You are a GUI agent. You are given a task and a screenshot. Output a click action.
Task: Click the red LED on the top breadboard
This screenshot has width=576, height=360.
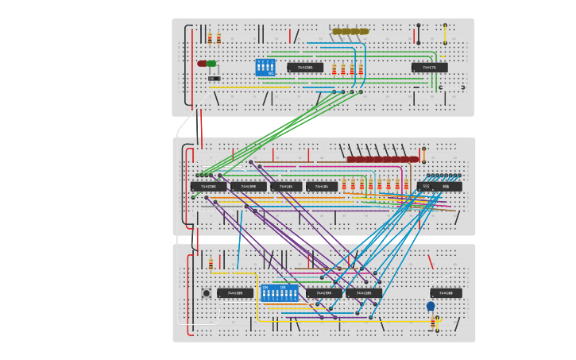[x=202, y=64]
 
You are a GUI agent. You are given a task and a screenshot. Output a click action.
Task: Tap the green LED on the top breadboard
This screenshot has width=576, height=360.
[x=211, y=64]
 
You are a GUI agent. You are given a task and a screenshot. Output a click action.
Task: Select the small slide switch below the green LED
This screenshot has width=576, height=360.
[x=214, y=78]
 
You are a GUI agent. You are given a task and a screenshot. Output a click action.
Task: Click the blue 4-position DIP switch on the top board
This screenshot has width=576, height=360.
[x=265, y=68]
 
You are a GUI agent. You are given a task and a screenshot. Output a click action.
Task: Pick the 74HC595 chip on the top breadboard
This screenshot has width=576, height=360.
[x=305, y=68]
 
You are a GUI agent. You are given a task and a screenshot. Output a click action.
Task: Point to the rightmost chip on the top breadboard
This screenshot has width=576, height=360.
[x=429, y=68]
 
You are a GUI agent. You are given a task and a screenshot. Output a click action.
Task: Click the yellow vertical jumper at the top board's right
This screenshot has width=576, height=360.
[x=445, y=33]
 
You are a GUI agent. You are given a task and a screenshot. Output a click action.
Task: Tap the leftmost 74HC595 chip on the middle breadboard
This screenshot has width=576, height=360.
[x=208, y=187]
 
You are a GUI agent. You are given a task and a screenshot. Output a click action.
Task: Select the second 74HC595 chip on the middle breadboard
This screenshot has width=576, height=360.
[x=249, y=187]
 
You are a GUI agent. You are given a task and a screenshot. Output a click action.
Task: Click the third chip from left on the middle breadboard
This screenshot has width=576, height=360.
[x=286, y=187]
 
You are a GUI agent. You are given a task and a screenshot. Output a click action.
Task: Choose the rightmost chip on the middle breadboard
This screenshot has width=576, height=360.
[x=439, y=187]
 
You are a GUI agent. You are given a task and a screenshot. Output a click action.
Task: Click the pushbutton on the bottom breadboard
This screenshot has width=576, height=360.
[x=207, y=293]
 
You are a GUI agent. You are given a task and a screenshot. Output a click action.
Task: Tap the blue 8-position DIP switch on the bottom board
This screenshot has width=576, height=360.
[x=280, y=292]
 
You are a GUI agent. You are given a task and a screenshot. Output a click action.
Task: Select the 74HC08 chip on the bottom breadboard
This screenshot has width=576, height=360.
[x=446, y=293]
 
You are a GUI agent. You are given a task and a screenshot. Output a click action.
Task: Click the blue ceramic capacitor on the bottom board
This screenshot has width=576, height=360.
[x=431, y=306]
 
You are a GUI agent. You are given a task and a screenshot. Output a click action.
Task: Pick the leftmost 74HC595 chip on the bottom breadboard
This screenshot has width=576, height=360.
[x=235, y=293]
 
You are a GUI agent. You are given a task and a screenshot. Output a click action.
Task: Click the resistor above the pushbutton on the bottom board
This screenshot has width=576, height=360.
[x=211, y=264]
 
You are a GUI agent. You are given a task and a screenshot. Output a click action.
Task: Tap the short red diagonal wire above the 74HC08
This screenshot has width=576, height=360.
[x=431, y=261]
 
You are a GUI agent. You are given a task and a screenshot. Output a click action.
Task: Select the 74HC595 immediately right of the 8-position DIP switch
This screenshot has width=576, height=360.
[x=324, y=293]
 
